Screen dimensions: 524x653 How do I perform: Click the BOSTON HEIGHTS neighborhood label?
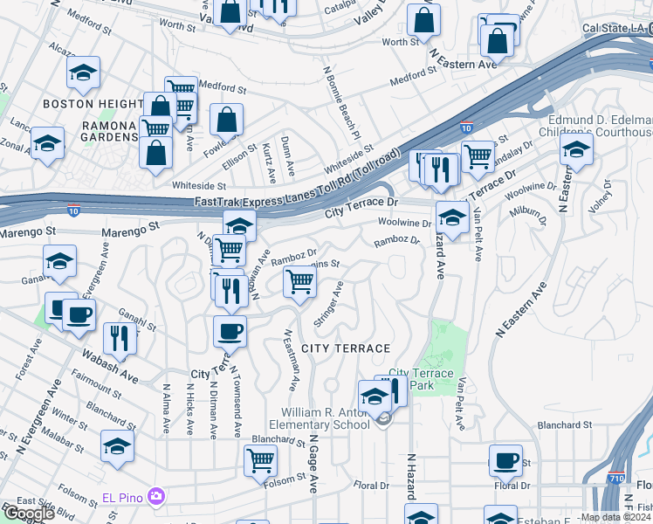click(92, 104)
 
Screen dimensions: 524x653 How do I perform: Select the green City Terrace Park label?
click(421, 379)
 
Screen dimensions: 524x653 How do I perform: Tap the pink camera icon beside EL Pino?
click(156, 497)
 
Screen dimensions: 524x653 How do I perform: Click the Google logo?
click(30, 514)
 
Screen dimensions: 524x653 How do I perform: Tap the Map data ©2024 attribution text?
click(615, 517)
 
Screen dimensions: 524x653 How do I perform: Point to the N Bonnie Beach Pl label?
click(341, 103)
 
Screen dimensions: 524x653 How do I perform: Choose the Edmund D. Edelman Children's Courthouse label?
click(600, 126)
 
